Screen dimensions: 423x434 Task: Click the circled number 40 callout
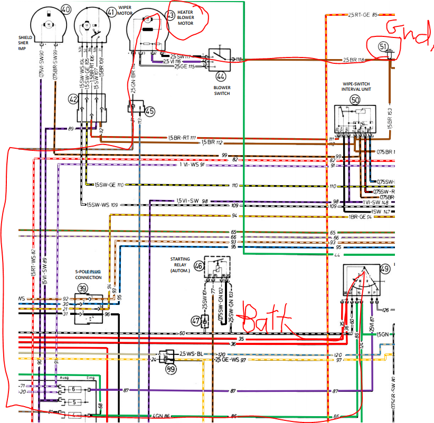pyautogui.click(x=65, y=9)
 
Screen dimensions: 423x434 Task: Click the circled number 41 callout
pyautogui.click(x=110, y=12)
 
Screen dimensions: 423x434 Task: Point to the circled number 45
pyautogui.click(x=150, y=111)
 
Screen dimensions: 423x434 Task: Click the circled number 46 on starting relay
pyautogui.click(x=198, y=266)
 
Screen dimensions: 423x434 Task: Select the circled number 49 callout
pyautogui.click(x=385, y=270)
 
